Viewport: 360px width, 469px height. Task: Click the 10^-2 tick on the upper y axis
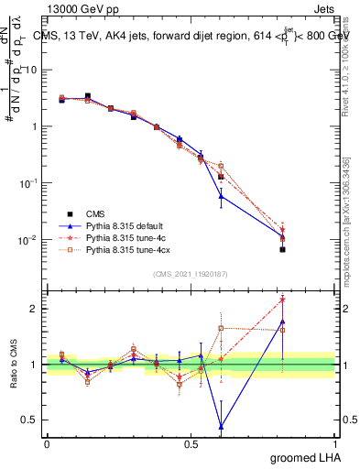tap(30, 240)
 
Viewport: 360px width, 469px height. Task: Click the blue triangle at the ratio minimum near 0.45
tap(221, 426)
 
